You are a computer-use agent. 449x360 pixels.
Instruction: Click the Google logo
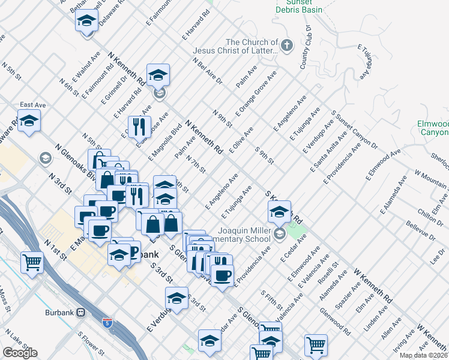[20, 353]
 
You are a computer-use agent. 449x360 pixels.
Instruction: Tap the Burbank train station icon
[80, 313]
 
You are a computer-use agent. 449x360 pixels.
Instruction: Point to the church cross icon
[287, 45]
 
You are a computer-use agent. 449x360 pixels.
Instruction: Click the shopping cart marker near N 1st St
[32, 262]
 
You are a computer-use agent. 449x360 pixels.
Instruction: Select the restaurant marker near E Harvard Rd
[139, 127]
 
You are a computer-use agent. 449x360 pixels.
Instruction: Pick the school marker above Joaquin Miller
[279, 212]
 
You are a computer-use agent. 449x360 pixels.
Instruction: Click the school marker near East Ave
[29, 122]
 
